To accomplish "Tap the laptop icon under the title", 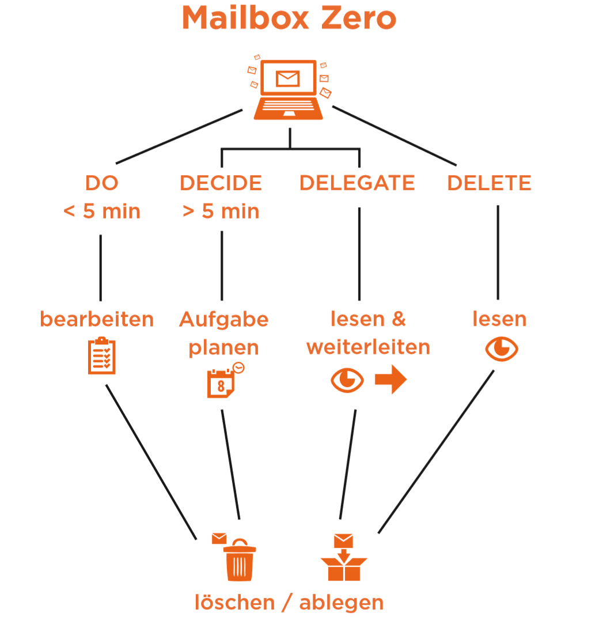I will (x=289, y=90).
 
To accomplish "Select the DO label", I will (x=102, y=183).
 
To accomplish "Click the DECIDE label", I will (x=221, y=183).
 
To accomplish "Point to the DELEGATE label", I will (x=357, y=183).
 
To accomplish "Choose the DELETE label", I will (x=489, y=183).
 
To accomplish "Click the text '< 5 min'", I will (x=102, y=211).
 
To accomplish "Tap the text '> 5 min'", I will (x=221, y=211).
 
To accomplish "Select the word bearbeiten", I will (x=97, y=319).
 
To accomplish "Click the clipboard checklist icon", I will (x=102, y=356).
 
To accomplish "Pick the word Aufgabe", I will (x=224, y=319).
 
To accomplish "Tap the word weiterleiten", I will (x=368, y=347).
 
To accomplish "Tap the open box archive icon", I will (x=343, y=562).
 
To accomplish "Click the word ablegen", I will (x=341, y=603).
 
